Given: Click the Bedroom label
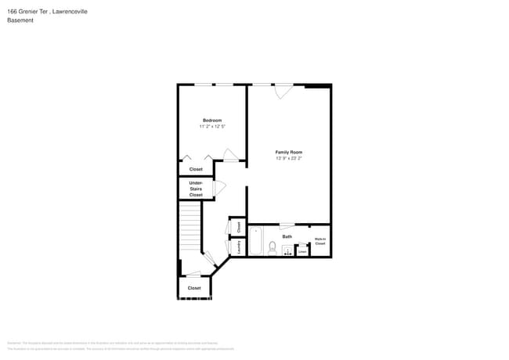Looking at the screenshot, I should click(212, 121).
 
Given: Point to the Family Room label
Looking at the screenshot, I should click(288, 152).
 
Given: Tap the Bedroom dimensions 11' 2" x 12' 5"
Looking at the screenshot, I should click(212, 127).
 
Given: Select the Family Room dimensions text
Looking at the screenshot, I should click(288, 158).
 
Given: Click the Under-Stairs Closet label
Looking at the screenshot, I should click(196, 189).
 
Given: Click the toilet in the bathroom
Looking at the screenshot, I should click(272, 248).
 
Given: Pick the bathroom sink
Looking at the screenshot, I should click(287, 250).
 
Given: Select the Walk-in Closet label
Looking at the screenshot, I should click(320, 241).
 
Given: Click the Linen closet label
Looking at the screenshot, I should click(302, 251).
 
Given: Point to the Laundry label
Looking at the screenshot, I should click(238, 247).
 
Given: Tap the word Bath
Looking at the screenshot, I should click(287, 236).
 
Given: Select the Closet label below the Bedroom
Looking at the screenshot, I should click(196, 170).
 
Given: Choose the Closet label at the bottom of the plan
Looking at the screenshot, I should click(194, 288).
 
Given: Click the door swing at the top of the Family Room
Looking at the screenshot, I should click(283, 91).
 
